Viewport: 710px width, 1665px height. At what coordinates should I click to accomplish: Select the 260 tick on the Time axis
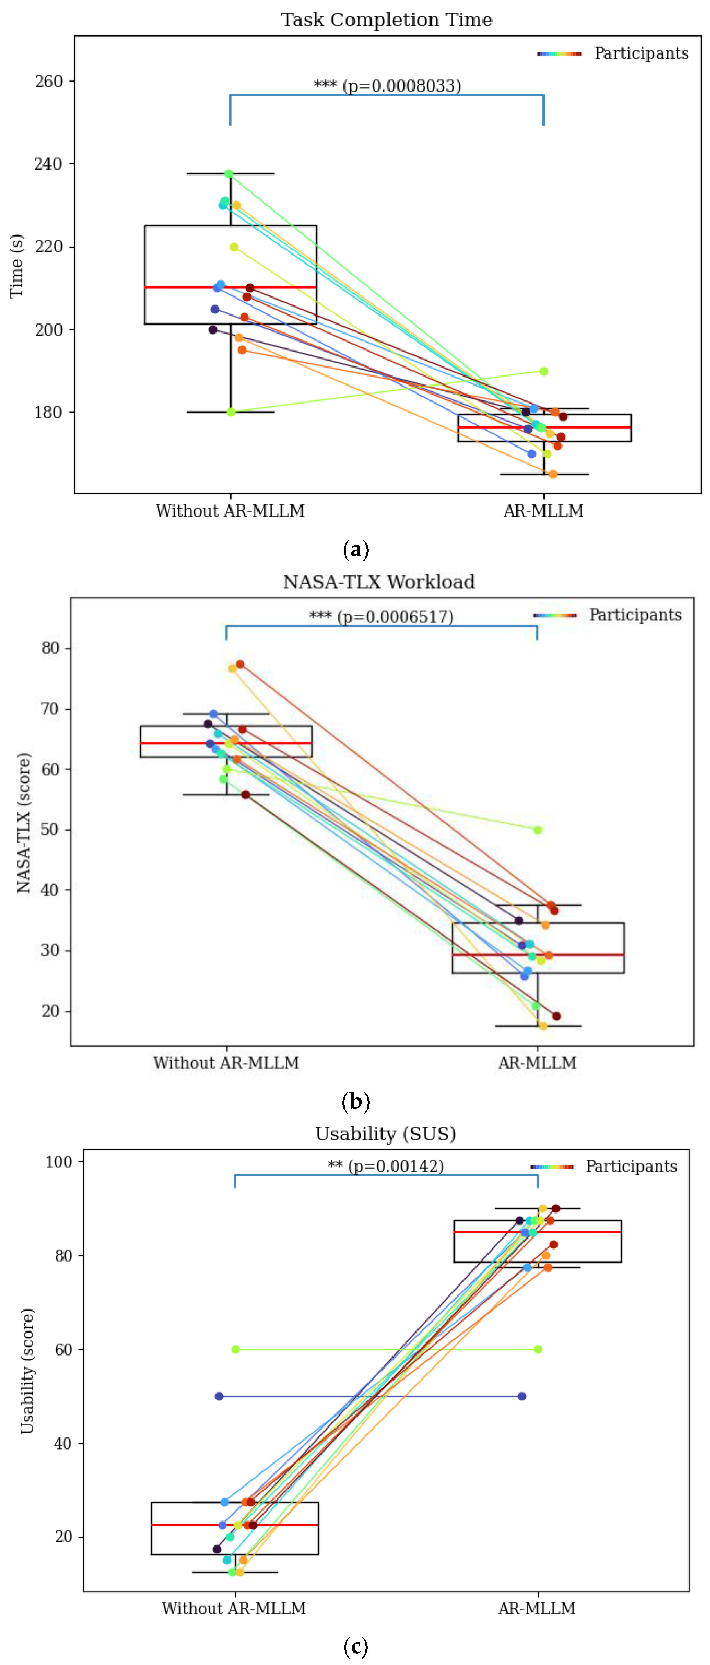click(49, 82)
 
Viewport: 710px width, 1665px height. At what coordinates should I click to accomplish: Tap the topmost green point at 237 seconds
click(228, 174)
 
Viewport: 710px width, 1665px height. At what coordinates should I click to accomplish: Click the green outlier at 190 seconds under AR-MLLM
click(544, 372)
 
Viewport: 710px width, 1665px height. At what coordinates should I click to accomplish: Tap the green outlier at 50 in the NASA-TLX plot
click(537, 830)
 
